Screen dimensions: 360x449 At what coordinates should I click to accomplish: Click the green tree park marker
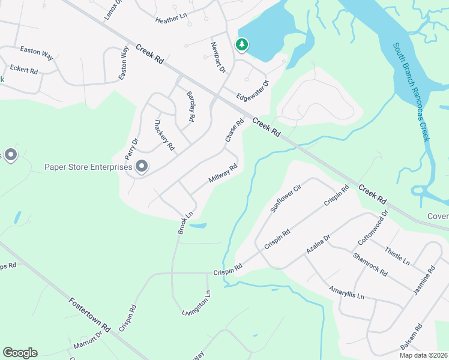coord(241,45)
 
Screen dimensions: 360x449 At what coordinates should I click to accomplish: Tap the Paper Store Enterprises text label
coord(88,167)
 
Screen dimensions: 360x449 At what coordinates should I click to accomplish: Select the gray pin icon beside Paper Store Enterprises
coord(142,166)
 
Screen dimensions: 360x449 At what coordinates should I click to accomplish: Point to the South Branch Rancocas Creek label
coord(412,92)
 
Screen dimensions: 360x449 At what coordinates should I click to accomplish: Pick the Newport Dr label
coord(217,58)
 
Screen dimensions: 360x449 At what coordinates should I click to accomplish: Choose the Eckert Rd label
coord(25,70)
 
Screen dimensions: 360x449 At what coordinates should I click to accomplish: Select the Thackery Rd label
coord(164,134)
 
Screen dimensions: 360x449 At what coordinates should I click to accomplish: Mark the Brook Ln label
coord(185,222)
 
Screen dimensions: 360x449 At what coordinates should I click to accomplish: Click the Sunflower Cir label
coord(285,199)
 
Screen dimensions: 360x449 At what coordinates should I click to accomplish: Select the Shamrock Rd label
coord(370,263)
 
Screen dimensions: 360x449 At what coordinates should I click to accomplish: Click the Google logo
coord(20,353)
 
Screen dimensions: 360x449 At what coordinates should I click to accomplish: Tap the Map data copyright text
coord(423,355)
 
